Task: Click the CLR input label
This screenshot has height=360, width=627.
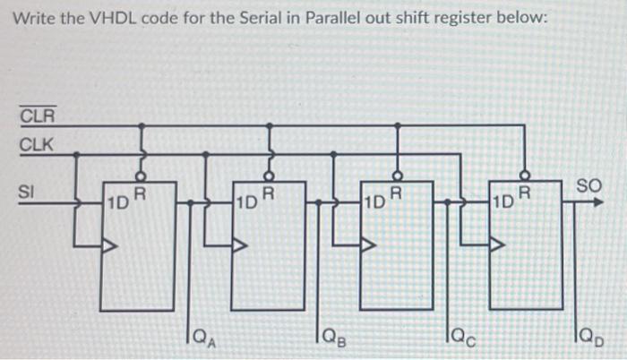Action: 37,116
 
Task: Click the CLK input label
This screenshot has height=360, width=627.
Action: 37,143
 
